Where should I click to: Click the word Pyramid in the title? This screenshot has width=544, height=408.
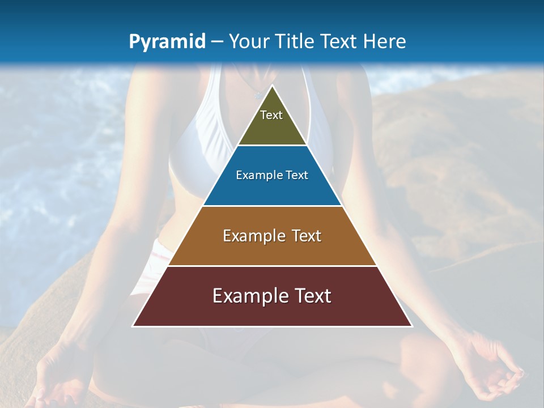[167, 42]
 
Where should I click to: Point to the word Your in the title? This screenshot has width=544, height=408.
[248, 41]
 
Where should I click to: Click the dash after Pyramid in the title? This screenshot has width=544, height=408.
[216, 42]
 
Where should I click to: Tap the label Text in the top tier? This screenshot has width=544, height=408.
[271, 115]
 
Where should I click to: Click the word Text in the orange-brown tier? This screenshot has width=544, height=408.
[307, 236]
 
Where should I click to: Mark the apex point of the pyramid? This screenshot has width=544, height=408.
[272, 86]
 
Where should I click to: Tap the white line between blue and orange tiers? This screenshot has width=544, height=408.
[272, 206]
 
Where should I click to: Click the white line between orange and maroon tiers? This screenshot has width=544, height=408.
[272, 266]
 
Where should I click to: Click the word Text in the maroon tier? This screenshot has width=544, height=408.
[311, 296]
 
